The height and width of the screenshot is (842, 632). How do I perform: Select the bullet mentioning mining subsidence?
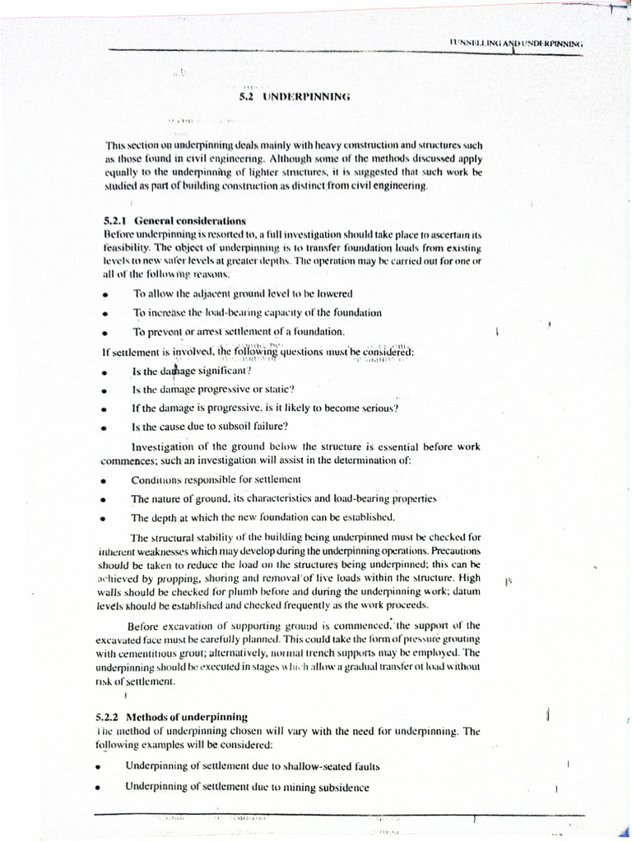[x=247, y=786]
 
